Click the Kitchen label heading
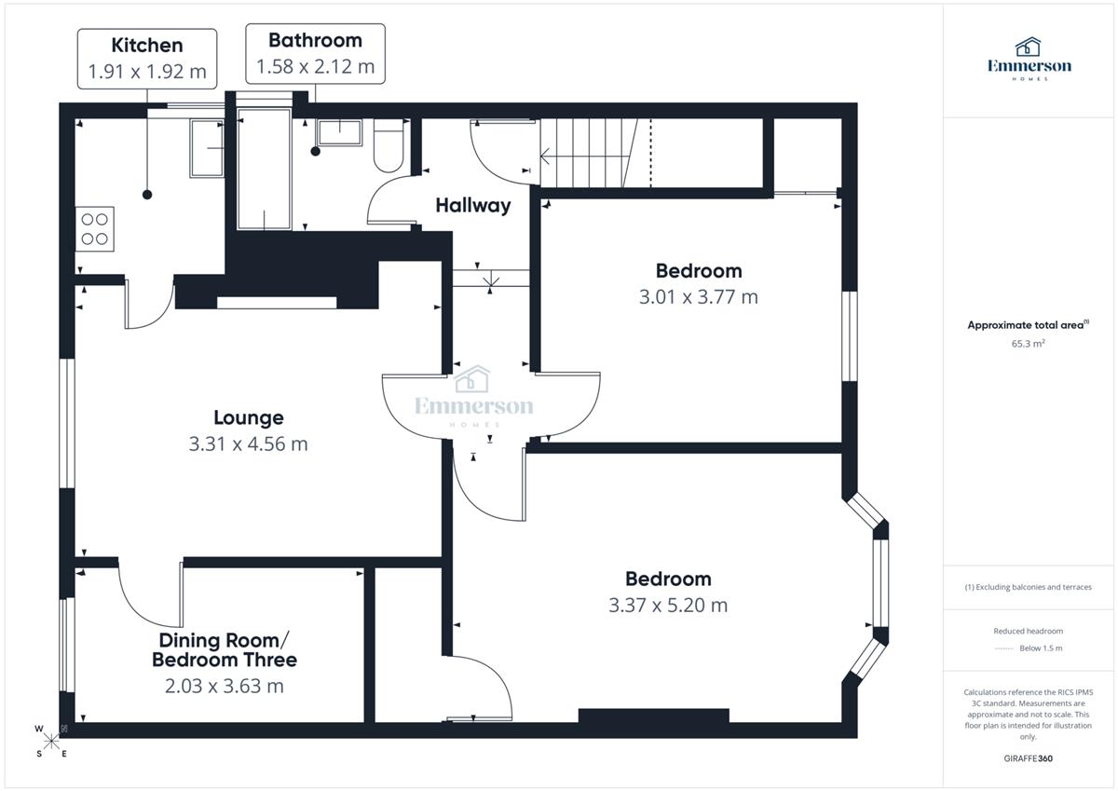[x=147, y=46]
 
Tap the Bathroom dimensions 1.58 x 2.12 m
[x=316, y=66]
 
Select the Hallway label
[x=473, y=205]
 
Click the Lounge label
[x=249, y=417]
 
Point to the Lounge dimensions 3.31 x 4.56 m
[x=248, y=443]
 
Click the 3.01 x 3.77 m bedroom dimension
[x=698, y=297]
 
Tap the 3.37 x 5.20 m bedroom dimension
[x=668, y=606]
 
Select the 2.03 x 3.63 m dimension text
[x=225, y=687]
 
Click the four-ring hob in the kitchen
[x=95, y=229]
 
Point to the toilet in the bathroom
[x=389, y=145]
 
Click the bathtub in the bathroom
[x=264, y=170]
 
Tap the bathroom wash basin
[x=339, y=132]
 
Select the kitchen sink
[x=207, y=148]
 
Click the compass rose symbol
[x=51, y=742]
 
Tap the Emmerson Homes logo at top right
[x=1029, y=59]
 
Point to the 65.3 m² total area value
[x=1028, y=344]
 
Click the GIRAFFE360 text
[x=1029, y=758]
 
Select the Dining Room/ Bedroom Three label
[x=225, y=650]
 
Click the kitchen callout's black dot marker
[x=147, y=195]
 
